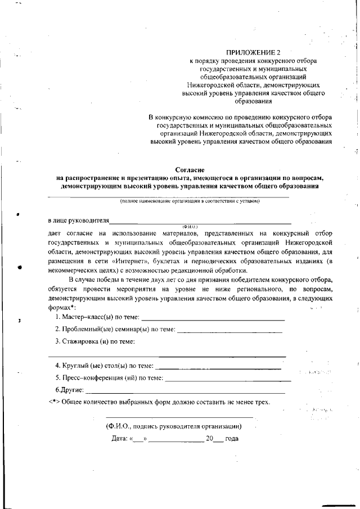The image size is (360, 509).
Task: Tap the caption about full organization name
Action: point(190,200)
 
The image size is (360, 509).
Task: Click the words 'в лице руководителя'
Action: point(78,220)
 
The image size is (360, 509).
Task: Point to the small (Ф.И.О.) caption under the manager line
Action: point(190,226)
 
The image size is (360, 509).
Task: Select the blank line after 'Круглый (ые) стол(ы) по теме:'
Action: point(218,367)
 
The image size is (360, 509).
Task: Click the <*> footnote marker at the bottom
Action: point(53,402)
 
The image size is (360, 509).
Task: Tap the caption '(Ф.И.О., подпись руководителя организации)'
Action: point(174,426)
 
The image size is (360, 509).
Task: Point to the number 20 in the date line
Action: point(209,439)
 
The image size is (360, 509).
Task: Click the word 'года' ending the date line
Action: point(232,439)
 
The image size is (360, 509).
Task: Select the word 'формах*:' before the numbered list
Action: point(62,308)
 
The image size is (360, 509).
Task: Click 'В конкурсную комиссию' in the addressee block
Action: point(184,118)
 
